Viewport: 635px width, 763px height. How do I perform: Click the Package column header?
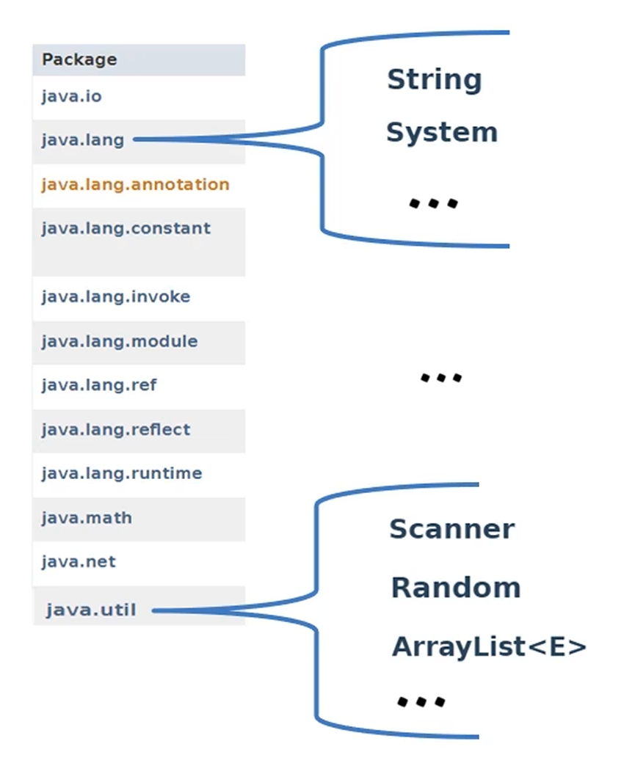click(x=79, y=59)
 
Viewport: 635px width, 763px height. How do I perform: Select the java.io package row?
click(x=66, y=96)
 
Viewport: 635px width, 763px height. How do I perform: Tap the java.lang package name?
click(x=83, y=139)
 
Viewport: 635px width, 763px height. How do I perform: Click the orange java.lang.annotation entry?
click(x=135, y=184)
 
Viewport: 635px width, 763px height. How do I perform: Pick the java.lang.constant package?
click(x=126, y=228)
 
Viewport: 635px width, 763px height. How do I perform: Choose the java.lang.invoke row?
click(x=115, y=297)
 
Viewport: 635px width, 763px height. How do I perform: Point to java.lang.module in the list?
click(x=119, y=341)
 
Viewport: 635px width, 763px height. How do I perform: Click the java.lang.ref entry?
click(x=98, y=385)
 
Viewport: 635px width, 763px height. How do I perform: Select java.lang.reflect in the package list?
click(x=115, y=429)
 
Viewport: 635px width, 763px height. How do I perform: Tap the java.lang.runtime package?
click(x=121, y=473)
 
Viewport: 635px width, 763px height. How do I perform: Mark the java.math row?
click(x=87, y=518)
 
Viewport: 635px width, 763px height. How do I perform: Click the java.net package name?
click(x=79, y=562)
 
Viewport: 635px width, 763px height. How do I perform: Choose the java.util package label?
click(x=91, y=610)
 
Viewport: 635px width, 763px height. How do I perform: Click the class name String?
click(x=434, y=79)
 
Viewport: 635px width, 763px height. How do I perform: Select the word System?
click(x=441, y=133)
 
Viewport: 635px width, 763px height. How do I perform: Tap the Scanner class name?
click(x=451, y=529)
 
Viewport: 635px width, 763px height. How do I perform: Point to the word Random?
click(x=455, y=588)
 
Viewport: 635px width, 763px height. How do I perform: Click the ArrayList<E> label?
click(x=489, y=647)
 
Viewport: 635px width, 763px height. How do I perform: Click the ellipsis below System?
click(x=433, y=202)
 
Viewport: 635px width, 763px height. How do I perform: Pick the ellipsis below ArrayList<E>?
click(x=421, y=701)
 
